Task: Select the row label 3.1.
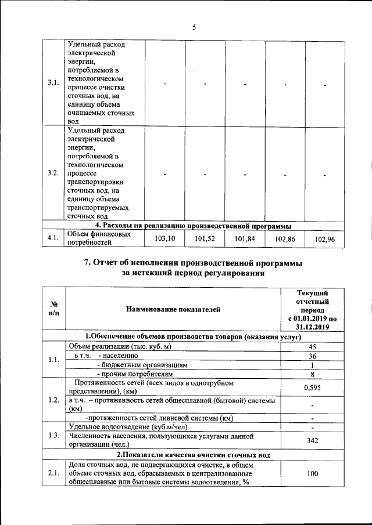pos(53,82)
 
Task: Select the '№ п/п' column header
pos(53,309)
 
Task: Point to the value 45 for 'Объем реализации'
pos(312,346)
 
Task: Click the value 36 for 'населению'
pos(312,356)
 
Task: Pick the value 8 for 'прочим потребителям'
pos(312,374)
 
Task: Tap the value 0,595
pos(312,387)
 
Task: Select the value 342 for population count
pos(312,440)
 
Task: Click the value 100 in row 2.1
pos(312,474)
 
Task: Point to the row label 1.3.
pos(53,435)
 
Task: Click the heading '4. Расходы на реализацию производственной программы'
pos(193,226)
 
